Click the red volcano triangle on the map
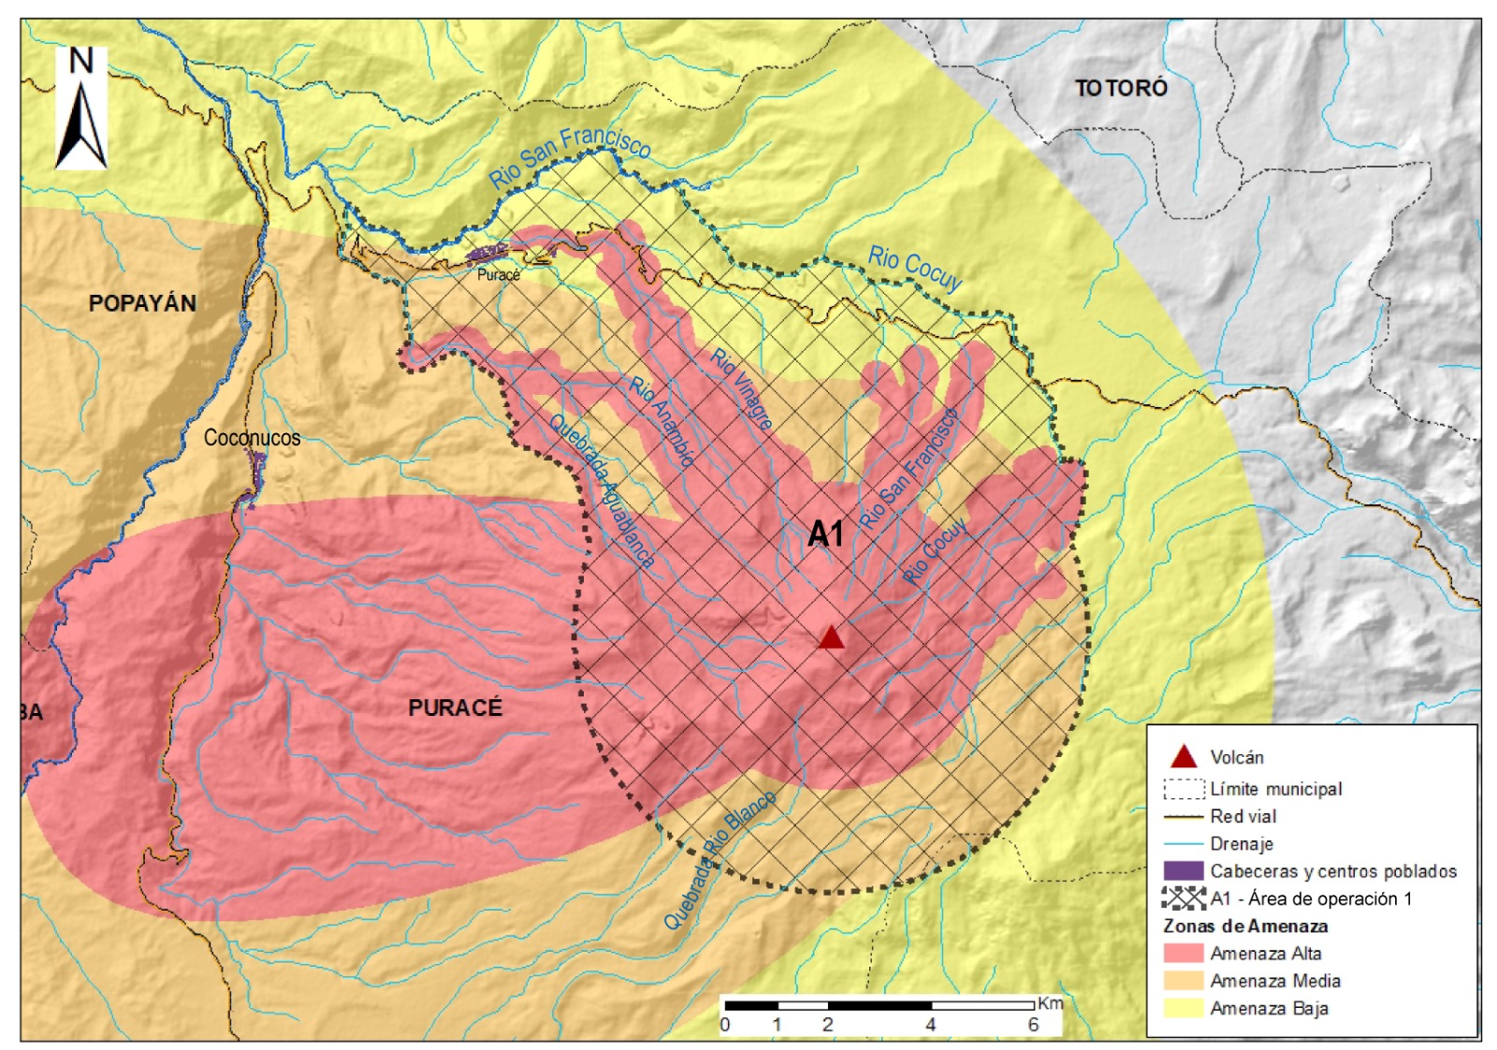tap(831, 638)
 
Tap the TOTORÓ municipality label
tap(1121, 88)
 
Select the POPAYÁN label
tap(142, 303)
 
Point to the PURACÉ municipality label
tap(455, 707)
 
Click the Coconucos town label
tap(252, 437)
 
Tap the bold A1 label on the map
tap(825, 534)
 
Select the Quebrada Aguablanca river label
tap(602, 490)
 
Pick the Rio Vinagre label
tap(742, 388)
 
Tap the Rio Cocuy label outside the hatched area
tap(914, 268)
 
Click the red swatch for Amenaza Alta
tap(1183, 954)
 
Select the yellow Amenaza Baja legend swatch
tap(1183, 1008)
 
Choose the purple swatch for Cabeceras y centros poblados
tap(1183, 871)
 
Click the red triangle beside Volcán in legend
tap(1184, 756)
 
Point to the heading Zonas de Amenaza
tap(1245, 926)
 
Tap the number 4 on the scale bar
tap(930, 1025)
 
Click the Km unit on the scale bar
tap(1050, 1003)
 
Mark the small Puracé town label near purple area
tap(498, 274)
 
